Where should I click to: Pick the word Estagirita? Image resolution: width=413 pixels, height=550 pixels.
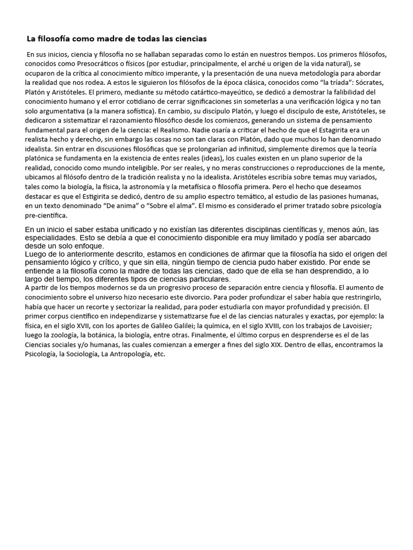[325, 130]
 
